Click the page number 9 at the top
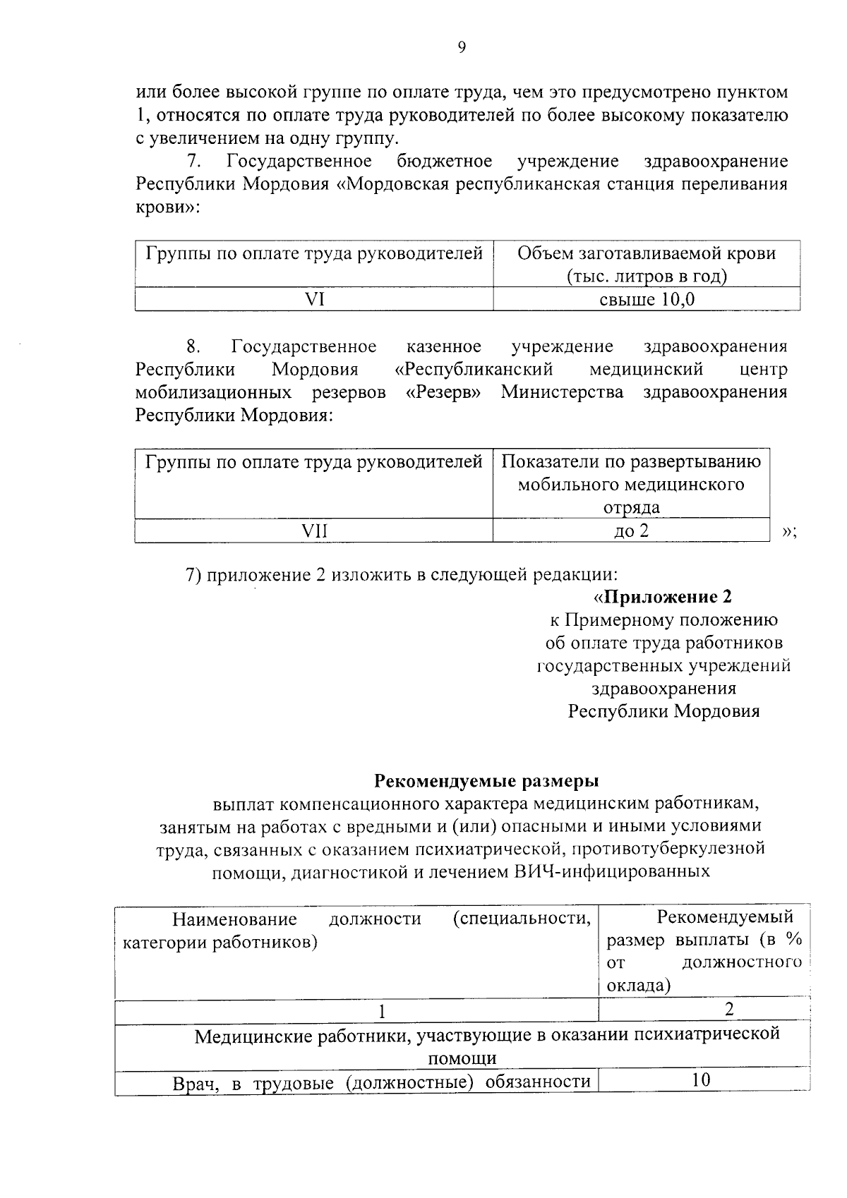click(x=462, y=47)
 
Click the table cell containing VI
click(x=314, y=300)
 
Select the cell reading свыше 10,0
click(x=647, y=300)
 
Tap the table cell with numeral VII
click(x=314, y=531)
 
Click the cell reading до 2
click(x=631, y=531)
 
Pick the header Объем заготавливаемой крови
click(x=647, y=253)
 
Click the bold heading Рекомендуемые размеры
click(x=486, y=781)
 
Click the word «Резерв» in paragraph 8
click(x=443, y=392)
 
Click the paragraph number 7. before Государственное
click(x=194, y=162)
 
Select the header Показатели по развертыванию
click(x=631, y=462)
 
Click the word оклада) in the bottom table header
click(x=638, y=985)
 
